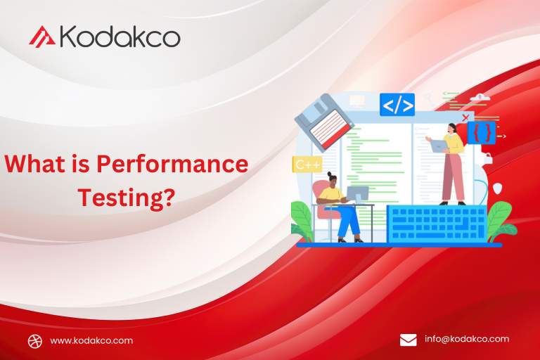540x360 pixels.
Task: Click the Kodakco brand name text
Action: [x=120, y=36]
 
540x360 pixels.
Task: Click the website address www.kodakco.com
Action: [x=91, y=340]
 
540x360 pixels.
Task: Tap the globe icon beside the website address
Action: [x=35, y=341]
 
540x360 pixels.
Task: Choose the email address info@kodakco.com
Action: [x=467, y=339]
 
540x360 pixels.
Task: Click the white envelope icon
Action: [x=409, y=340]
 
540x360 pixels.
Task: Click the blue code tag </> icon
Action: [x=397, y=105]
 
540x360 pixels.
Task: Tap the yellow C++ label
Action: [x=307, y=165]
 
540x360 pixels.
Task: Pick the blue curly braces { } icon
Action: [x=482, y=132]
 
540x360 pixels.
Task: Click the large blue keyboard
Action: [x=436, y=224]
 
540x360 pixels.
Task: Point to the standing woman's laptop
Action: [x=439, y=146]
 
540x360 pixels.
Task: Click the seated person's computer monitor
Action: [x=357, y=194]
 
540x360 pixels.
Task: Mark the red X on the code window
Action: [x=465, y=117]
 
